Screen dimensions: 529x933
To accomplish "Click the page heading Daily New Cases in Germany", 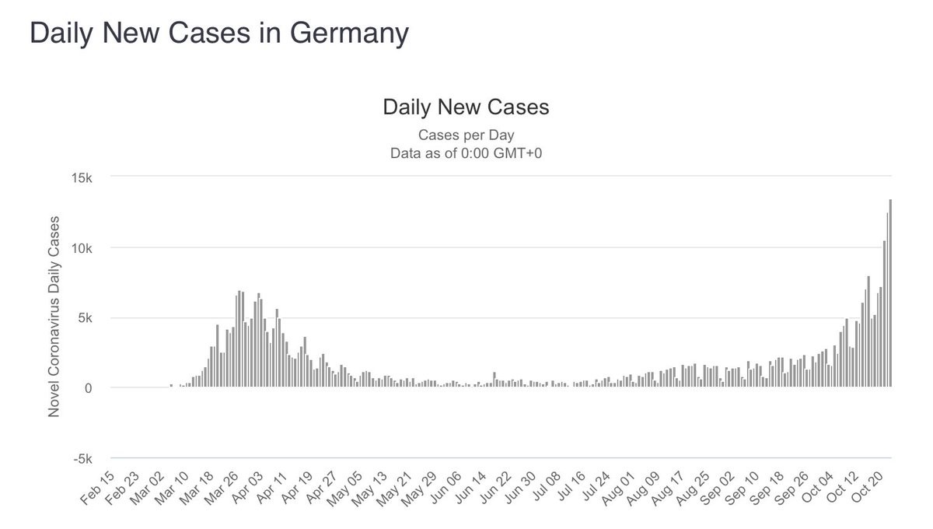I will click(x=218, y=33).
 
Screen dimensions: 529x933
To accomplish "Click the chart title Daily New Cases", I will click(x=466, y=107).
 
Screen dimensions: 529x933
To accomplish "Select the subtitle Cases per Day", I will click(x=466, y=135).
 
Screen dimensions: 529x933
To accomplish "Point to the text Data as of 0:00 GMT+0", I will click(x=466, y=153).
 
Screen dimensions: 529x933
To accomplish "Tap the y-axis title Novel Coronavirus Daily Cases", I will click(x=54, y=317).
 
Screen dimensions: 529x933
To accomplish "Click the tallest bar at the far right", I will click(x=890, y=296).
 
